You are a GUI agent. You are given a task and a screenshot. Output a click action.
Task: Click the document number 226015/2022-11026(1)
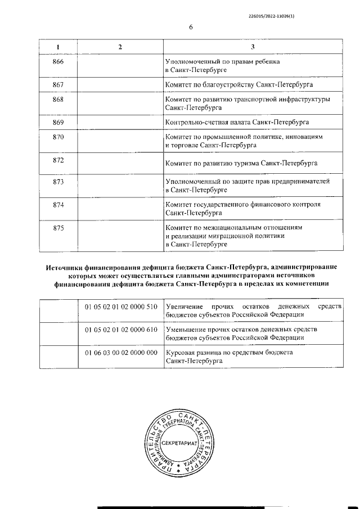point(271,16)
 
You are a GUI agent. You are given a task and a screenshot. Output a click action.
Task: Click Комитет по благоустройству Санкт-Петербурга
point(239,84)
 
